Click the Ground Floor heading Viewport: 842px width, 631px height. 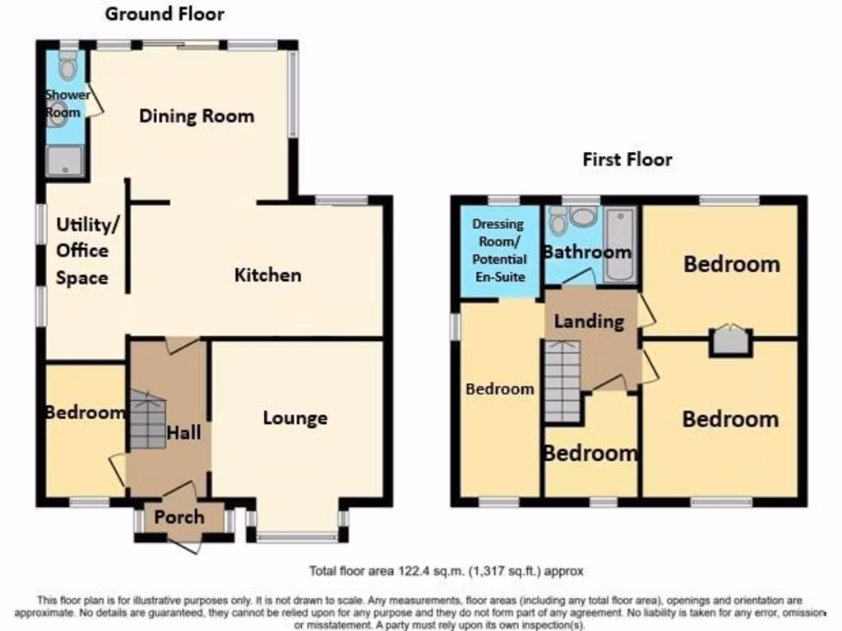click(x=164, y=14)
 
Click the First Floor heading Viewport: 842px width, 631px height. click(x=627, y=159)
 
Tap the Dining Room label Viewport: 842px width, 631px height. click(x=197, y=116)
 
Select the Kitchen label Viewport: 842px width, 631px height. click(x=268, y=274)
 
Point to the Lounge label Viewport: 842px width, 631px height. click(x=295, y=418)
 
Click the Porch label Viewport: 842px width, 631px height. click(x=179, y=517)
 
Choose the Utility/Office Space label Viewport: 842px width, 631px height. click(x=82, y=251)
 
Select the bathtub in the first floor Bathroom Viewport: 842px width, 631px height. click(x=618, y=245)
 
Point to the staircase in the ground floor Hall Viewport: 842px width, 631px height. click(x=147, y=420)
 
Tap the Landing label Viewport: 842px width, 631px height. click(x=589, y=321)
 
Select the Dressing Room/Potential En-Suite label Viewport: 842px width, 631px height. click(x=499, y=251)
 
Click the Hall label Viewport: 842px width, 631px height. click(x=184, y=431)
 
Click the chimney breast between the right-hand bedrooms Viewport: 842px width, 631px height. click(x=731, y=340)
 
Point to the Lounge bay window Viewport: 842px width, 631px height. click(x=297, y=538)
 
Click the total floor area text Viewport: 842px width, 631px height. click(x=446, y=570)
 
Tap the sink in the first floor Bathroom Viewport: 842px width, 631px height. click(x=585, y=218)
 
